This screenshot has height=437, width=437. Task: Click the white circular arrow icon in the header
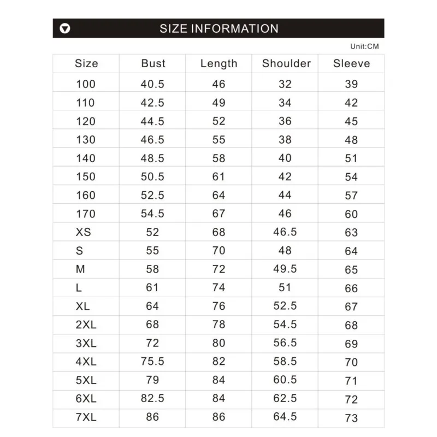tap(66, 28)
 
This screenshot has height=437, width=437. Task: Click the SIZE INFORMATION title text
tap(219, 28)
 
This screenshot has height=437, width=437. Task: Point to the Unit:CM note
tap(364, 46)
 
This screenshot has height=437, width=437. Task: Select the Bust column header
tap(153, 63)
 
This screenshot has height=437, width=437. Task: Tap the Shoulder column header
tap(286, 63)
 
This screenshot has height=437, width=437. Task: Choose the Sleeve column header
tap(351, 63)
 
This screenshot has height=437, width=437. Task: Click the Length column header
tap(219, 63)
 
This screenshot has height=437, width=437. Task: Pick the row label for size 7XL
tap(86, 417)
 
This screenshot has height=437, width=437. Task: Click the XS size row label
tap(83, 232)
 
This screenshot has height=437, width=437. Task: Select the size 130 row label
tap(86, 140)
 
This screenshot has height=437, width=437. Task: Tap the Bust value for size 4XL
tap(153, 362)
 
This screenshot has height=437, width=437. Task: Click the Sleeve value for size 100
tap(351, 84)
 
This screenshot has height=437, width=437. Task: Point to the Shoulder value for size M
tap(285, 269)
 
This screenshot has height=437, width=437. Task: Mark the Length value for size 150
tap(219, 177)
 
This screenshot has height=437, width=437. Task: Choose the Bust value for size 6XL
tap(153, 399)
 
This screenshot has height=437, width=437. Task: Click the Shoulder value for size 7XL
tap(285, 417)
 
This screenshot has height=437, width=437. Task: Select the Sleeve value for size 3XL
tap(351, 344)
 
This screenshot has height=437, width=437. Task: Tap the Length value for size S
tap(219, 251)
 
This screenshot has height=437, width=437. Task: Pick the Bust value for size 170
tap(153, 214)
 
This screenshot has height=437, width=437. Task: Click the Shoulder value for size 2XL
tap(285, 325)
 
